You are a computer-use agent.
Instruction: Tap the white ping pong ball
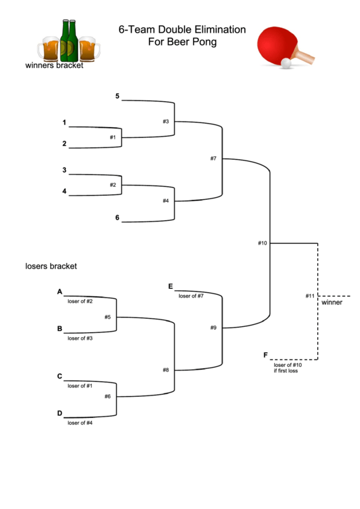tap(286, 63)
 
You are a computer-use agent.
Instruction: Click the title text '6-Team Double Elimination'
tap(182, 30)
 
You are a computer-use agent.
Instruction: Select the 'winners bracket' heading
tap(54, 66)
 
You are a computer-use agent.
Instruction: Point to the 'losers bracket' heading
tap(51, 266)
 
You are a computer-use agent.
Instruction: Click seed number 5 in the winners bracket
tap(118, 96)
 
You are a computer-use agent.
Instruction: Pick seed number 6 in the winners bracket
tap(118, 217)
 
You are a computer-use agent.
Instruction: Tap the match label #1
tap(113, 137)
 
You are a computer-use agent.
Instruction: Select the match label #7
tap(213, 158)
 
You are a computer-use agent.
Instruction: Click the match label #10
tap(263, 243)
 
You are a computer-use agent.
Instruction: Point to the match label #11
tap(310, 296)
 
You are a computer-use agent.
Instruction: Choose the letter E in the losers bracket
tap(170, 286)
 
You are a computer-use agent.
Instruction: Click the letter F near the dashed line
tap(266, 355)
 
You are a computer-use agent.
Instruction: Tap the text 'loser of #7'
tap(191, 296)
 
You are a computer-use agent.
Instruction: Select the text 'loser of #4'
tap(80, 423)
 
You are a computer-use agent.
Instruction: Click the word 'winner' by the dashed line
tap(332, 302)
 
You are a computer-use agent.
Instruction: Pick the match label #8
tap(166, 370)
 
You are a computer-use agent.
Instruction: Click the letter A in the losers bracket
tap(60, 292)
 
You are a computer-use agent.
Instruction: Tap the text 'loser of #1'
tap(80, 386)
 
